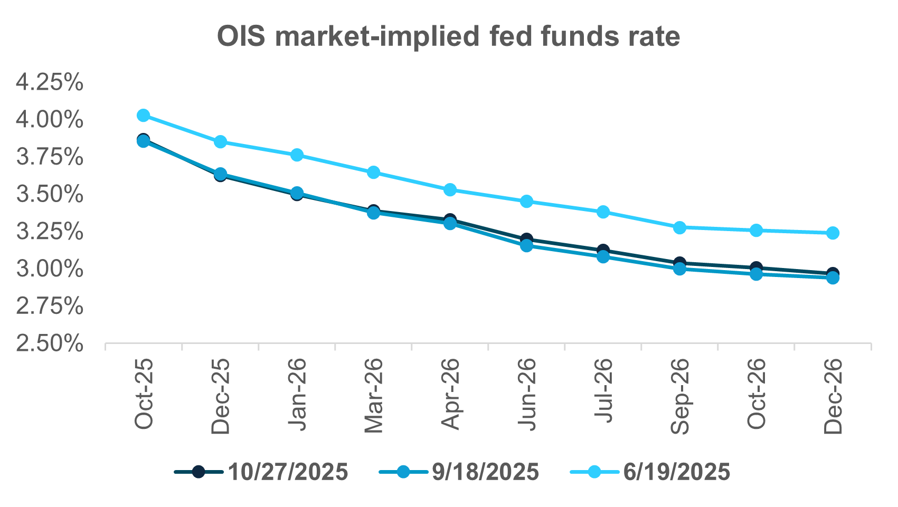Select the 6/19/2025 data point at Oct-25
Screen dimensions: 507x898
pyautogui.click(x=143, y=115)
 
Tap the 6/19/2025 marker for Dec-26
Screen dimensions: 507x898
pyautogui.click(x=833, y=233)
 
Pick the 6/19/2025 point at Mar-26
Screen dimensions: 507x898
pyautogui.click(x=373, y=173)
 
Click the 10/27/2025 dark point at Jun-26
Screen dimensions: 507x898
pyautogui.click(x=526, y=239)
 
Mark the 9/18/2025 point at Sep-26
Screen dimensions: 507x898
pyautogui.click(x=679, y=269)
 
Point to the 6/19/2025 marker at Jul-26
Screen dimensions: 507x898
pyautogui.click(x=603, y=212)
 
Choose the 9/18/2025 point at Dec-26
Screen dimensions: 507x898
pyautogui.click(x=833, y=278)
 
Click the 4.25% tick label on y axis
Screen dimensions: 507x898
pyautogui.click(x=50, y=82)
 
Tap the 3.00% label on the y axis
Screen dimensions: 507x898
pyautogui.click(x=50, y=269)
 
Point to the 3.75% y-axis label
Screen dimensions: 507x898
pyautogui.click(x=50, y=157)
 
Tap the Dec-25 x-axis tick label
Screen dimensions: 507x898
pyautogui.click(x=220, y=396)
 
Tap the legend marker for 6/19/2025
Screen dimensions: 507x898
pyautogui.click(x=594, y=472)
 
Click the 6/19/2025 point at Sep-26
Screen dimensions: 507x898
pyautogui.click(x=679, y=227)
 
